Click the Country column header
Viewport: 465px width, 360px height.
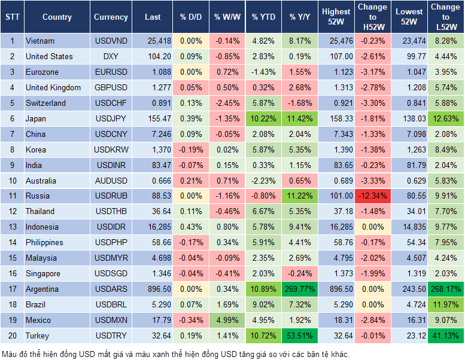(x=57, y=17)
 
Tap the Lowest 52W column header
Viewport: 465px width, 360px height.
(x=410, y=17)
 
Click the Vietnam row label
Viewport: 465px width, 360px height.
(x=40, y=41)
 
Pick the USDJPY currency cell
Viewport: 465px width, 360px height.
(x=111, y=118)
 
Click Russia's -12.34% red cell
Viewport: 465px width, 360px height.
(x=372, y=196)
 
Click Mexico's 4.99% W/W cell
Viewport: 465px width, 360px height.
(x=227, y=320)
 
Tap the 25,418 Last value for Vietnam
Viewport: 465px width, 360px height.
(x=152, y=41)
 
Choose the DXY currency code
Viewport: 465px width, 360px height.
(x=111, y=56)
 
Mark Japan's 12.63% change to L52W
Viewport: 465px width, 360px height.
(x=446, y=118)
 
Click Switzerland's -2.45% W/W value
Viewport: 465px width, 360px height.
(x=227, y=103)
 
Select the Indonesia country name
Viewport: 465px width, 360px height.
(x=42, y=227)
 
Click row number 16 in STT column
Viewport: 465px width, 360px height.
(x=11, y=273)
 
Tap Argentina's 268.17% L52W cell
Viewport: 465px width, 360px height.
(x=446, y=289)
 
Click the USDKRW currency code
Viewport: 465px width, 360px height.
(x=111, y=150)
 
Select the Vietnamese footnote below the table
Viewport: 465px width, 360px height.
(x=174, y=353)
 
